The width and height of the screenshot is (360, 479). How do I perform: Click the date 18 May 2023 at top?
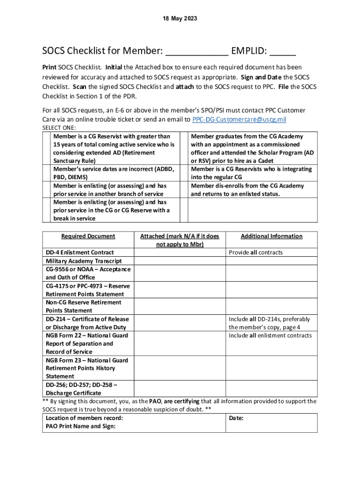tap(180, 19)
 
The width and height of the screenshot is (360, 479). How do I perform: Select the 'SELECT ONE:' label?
tap(59, 128)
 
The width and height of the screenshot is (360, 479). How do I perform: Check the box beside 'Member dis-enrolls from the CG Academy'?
tap(183, 189)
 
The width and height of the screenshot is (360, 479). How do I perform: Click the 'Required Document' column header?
tap(88, 236)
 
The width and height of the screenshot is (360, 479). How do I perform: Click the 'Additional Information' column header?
tap(271, 236)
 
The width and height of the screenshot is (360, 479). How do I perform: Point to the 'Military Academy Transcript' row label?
tap(84, 261)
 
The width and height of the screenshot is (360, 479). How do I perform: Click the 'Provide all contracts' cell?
tap(256, 253)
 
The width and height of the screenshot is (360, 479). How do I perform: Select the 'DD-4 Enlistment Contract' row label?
tap(79, 253)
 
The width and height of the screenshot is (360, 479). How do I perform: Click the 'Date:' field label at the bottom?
tap(236, 418)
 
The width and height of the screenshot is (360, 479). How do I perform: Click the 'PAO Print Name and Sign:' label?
tap(80, 426)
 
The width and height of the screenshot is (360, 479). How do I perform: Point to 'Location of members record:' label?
tap(85, 418)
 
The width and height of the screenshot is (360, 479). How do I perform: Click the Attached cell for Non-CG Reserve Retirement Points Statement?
tap(180, 306)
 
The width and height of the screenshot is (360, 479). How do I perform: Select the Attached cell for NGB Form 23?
tap(180, 368)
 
